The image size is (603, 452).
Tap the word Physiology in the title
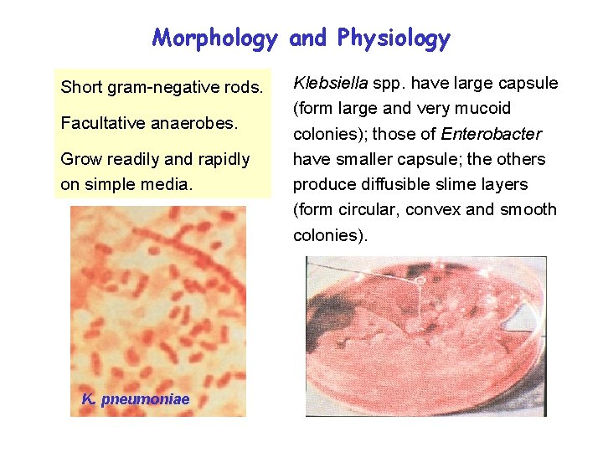coord(394,39)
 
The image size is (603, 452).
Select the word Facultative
coord(101,123)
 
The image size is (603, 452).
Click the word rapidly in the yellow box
coord(218,159)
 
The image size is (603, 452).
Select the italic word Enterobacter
coord(492,134)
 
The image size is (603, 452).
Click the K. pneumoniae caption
coord(135,399)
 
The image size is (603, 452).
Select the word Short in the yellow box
coord(80,87)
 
